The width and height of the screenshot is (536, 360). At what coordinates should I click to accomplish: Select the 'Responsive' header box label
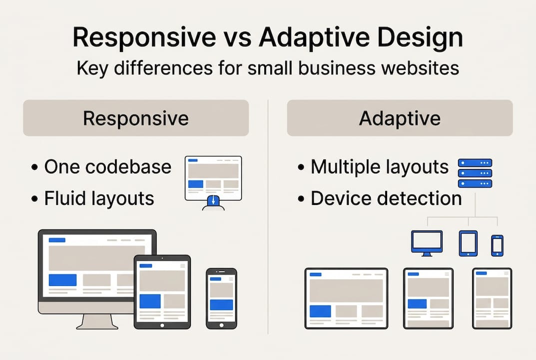coord(136,118)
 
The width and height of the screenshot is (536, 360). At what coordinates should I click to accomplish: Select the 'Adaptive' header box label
coord(400,118)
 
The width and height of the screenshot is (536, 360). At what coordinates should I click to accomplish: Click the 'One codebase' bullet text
coord(107,167)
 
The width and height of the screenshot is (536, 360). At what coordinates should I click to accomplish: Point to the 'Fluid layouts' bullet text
coord(99,198)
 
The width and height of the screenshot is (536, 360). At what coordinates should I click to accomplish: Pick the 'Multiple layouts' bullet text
coord(380,167)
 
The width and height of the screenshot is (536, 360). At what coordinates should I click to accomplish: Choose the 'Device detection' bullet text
coord(386,198)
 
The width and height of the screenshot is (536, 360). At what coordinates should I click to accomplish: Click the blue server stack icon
coord(475,173)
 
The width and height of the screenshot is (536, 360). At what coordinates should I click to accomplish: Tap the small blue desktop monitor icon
coord(426,242)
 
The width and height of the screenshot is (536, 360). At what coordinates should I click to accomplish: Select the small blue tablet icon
coord(468,243)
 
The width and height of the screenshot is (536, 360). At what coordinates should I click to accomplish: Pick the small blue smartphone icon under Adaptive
coord(497,245)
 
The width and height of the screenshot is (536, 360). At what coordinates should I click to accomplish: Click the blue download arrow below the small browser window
coord(214,202)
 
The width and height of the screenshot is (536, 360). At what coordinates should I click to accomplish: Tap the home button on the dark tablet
coord(162,325)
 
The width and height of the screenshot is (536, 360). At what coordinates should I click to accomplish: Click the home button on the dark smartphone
coord(221,324)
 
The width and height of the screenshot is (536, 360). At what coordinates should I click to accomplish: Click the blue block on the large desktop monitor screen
coord(62,280)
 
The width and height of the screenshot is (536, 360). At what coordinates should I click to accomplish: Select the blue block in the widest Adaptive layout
coord(320,311)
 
